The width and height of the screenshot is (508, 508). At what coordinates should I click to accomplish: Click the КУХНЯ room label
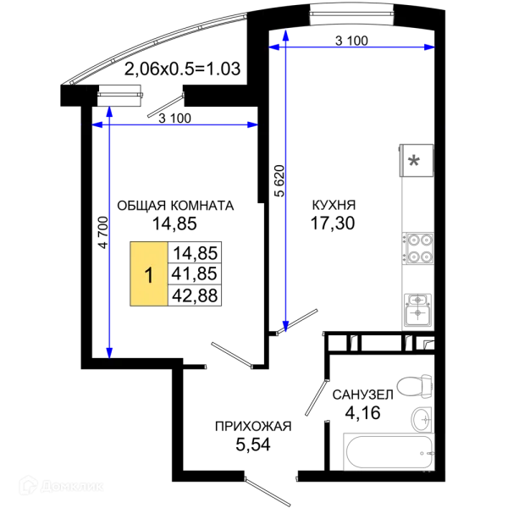[334, 205]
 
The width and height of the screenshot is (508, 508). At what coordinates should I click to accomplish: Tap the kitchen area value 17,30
[333, 224]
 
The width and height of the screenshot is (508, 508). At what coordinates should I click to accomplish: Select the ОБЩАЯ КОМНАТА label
[175, 206]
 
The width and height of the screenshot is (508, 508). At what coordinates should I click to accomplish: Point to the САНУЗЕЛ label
[363, 395]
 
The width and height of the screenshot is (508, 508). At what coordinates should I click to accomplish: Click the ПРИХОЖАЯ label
[253, 427]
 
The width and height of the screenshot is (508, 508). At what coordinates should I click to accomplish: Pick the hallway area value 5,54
[252, 444]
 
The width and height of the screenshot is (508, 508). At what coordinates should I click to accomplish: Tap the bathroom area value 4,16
[362, 413]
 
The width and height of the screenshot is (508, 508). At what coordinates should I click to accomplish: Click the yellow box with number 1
[149, 273]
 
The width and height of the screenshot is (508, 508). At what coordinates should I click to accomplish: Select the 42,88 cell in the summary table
[195, 295]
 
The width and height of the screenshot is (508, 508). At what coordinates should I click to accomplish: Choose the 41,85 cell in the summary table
[195, 273]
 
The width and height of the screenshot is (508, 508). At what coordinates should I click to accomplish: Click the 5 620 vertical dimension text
[279, 181]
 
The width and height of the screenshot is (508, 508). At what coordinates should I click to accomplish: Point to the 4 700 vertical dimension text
[103, 232]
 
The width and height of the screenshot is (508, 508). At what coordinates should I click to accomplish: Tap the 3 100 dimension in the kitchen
[351, 41]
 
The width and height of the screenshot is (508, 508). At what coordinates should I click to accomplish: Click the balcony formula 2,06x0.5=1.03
[182, 69]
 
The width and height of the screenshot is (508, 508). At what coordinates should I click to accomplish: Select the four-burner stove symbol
[418, 248]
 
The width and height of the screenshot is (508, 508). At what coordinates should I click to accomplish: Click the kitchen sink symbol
[417, 309]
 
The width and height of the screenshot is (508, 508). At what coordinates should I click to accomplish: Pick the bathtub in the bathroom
[388, 451]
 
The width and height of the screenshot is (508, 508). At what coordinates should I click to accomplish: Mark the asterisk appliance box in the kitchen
[417, 160]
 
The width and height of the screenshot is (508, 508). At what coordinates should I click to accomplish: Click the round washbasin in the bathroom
[422, 419]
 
